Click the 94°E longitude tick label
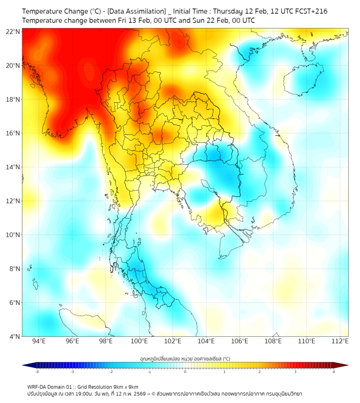39,342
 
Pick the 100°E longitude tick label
139,342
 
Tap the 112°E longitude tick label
340,342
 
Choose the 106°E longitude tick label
240,342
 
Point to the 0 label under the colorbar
185,372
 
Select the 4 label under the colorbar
333,372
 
